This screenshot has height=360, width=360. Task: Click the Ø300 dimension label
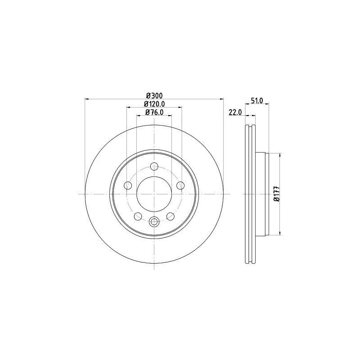click(x=154, y=95)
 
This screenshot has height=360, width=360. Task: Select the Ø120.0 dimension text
click(x=154, y=104)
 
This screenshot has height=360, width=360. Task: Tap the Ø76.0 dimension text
click(x=154, y=112)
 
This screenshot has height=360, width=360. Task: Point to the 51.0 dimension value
click(x=257, y=100)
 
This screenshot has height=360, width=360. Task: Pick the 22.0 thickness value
click(x=235, y=112)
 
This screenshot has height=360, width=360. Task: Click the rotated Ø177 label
click(x=277, y=194)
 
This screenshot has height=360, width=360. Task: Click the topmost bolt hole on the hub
click(x=154, y=166)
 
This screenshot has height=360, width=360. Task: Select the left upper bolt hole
click(x=128, y=185)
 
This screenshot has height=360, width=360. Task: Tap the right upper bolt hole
click(x=180, y=185)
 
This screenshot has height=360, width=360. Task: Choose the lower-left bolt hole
click(x=138, y=216)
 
